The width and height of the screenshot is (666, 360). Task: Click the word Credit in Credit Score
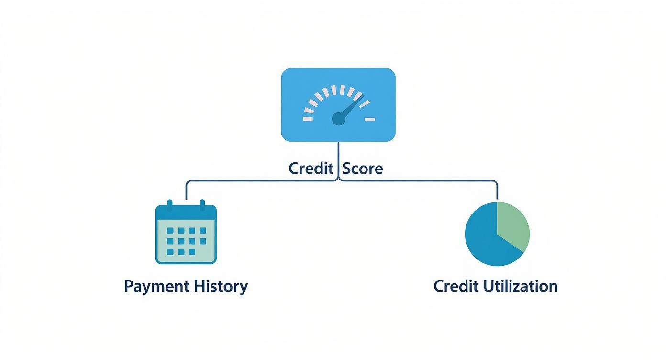[x=311, y=169]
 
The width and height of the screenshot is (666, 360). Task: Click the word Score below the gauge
[x=363, y=169]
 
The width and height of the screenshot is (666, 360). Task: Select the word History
[x=221, y=286]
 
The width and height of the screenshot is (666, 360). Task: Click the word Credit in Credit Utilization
[x=456, y=286]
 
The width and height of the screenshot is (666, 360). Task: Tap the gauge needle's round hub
[x=338, y=119]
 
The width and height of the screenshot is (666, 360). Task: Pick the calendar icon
[x=186, y=234]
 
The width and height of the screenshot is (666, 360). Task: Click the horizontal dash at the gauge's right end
[x=369, y=118]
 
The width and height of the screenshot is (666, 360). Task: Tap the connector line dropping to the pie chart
[x=497, y=191]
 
